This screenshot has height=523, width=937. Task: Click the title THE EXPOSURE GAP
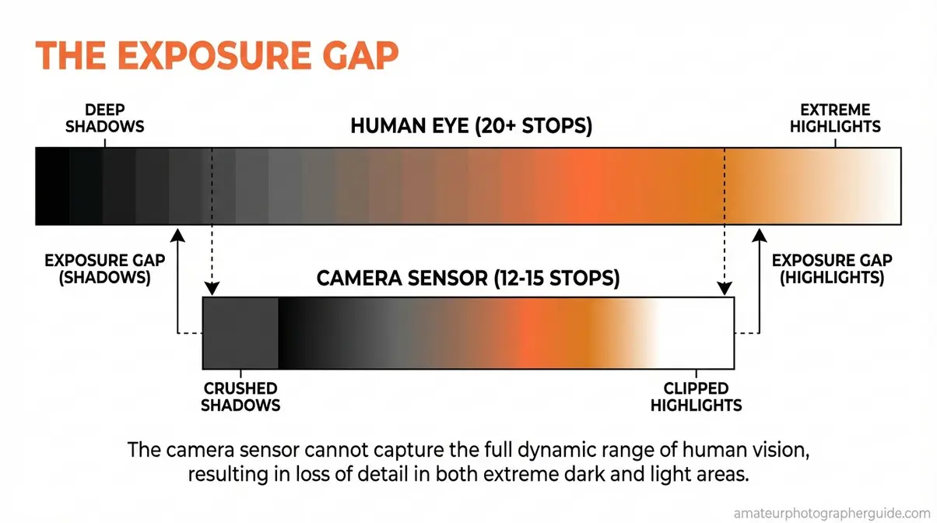click(x=217, y=58)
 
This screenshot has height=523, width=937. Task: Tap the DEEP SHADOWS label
click(x=104, y=118)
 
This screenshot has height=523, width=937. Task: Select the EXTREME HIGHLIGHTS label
click(x=835, y=118)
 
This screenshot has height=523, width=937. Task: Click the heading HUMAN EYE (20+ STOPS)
click(x=471, y=126)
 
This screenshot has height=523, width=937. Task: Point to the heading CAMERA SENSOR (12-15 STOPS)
click(x=468, y=279)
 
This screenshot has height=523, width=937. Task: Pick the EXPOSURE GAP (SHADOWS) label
click(x=105, y=269)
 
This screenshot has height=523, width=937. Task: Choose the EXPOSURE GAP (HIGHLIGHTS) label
click(x=832, y=269)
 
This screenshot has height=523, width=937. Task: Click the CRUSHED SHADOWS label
click(x=240, y=396)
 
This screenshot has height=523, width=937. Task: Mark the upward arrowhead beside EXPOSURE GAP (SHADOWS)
click(x=178, y=234)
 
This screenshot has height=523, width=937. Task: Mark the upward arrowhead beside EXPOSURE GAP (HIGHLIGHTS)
click(x=759, y=234)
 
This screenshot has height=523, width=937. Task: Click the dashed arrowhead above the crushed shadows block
click(x=212, y=290)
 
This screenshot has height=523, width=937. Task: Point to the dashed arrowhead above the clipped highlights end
click(x=725, y=290)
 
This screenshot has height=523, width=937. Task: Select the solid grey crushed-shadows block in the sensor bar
click(x=240, y=333)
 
